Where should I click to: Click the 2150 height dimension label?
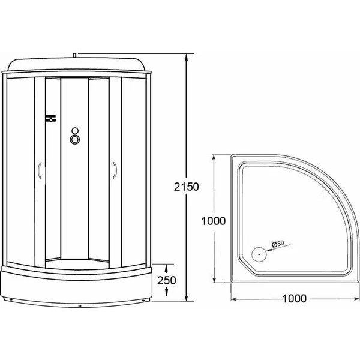click(x=187, y=187)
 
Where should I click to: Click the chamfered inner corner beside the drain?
click(x=244, y=264)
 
